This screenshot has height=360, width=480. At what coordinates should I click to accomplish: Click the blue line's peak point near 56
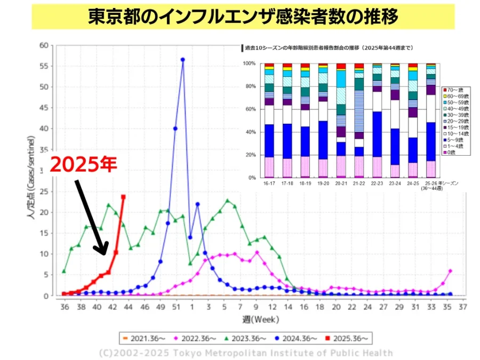coord(182,60)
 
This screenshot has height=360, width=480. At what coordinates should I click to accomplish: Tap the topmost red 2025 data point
coord(123,197)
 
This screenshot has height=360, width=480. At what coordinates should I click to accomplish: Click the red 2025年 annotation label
coord(83,164)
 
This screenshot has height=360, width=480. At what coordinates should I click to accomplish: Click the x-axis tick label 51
coord(176,307)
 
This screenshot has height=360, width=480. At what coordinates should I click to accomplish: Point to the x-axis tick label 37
coord(462,307)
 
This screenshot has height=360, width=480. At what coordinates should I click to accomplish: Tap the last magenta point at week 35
coord(450,271)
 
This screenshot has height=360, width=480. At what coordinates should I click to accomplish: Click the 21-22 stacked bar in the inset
coord(359,120)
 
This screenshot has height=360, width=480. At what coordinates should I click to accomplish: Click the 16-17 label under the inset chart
coord(269,183)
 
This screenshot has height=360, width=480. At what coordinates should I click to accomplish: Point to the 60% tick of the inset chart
coord(250,109)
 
